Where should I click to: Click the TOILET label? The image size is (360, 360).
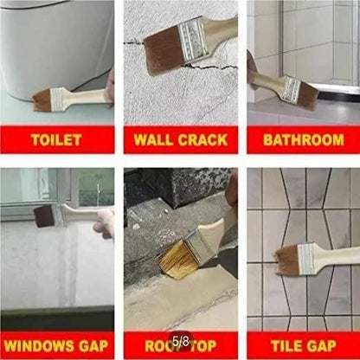57,138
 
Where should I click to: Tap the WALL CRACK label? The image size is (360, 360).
180,138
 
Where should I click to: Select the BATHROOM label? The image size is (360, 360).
303,138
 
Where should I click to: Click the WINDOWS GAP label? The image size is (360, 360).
57,345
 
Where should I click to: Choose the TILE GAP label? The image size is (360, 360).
303,345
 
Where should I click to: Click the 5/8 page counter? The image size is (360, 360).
181,343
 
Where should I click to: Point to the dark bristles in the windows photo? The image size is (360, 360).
43,216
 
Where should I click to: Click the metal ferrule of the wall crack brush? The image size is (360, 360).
192,36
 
